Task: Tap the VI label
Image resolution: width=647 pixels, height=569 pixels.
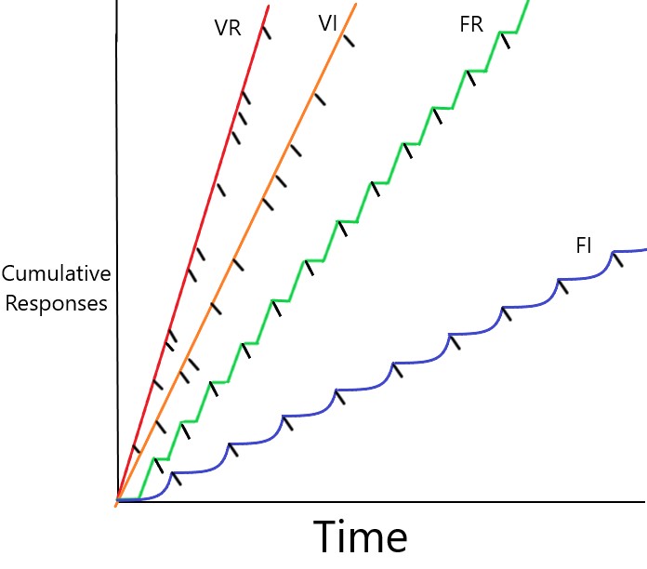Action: pyautogui.click(x=327, y=24)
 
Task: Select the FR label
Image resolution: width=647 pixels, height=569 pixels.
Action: pyautogui.click(x=471, y=25)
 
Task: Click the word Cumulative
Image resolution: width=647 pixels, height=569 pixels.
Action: pyautogui.click(x=56, y=274)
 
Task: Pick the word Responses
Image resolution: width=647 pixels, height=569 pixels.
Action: pyautogui.click(x=55, y=303)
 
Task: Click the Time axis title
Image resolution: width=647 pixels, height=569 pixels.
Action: pyautogui.click(x=360, y=538)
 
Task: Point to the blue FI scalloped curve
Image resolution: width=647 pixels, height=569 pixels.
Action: pyautogui.click(x=418, y=360)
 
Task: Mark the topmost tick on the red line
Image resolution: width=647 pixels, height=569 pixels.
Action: pyautogui.click(x=266, y=31)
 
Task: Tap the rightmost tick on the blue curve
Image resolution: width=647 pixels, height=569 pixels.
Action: pyautogui.click(x=616, y=259)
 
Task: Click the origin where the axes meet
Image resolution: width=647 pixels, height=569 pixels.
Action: pyautogui.click(x=117, y=502)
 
